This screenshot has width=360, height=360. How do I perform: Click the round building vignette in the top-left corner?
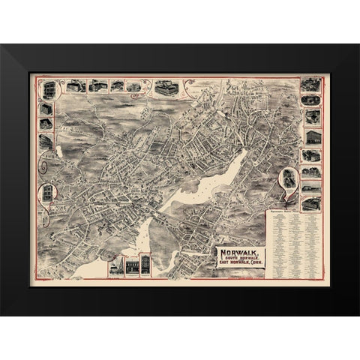pos(49,89)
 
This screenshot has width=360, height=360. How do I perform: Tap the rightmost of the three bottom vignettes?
pos(145,267)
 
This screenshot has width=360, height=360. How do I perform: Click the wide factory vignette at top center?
pos(166,87)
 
